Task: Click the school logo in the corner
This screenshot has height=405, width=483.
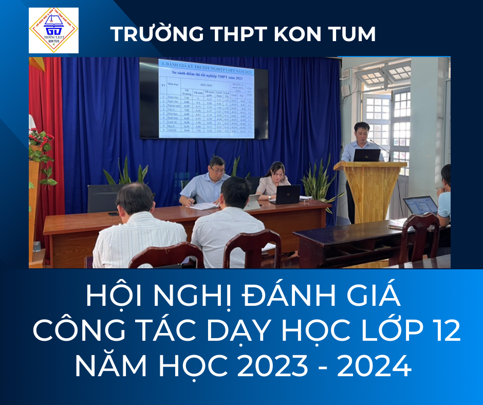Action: [53, 30]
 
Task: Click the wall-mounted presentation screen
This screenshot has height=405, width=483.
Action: [204, 99]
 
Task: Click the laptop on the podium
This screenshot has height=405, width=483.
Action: [367, 155]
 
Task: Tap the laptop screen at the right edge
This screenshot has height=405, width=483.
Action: [420, 206]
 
